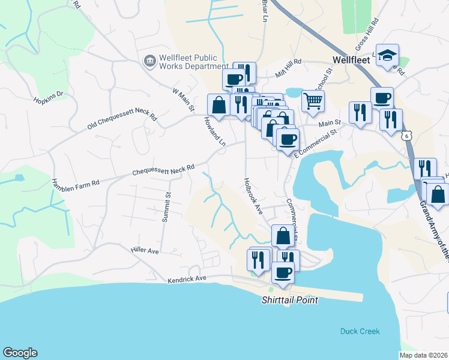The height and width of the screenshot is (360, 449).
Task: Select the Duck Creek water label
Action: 360,331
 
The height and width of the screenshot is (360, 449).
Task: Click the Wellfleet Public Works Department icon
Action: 149,61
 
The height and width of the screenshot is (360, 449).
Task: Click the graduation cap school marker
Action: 388,55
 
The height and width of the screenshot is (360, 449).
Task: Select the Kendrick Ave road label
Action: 187,279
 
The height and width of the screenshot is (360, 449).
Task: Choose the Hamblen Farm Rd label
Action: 75,183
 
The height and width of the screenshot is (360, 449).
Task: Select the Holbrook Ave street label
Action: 253,196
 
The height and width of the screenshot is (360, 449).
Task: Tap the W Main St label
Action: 183,100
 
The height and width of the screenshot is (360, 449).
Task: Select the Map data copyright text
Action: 423,355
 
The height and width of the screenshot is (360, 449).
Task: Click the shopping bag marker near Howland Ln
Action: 218,104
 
